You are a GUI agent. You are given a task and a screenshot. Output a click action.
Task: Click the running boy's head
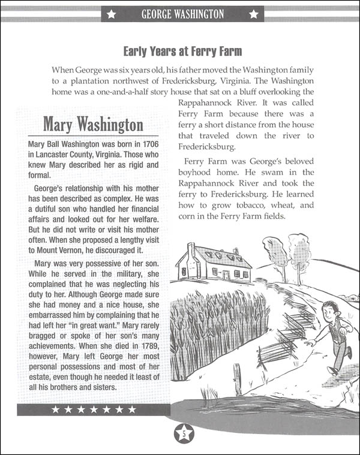329,310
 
